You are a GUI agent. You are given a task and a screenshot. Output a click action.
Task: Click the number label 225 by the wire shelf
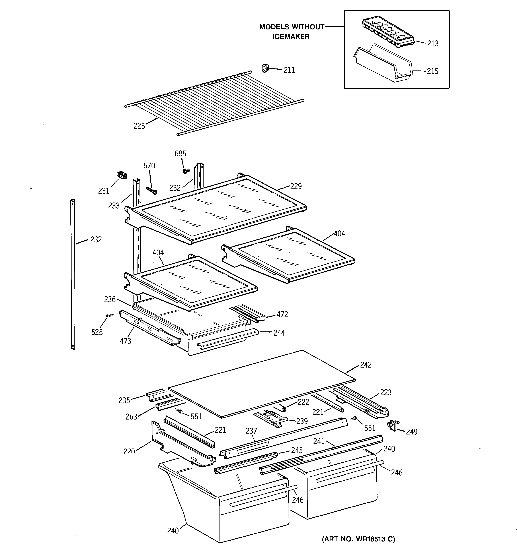[x=139, y=126]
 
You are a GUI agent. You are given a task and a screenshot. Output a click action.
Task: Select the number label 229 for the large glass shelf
[x=296, y=186]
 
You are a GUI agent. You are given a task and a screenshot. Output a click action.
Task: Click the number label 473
[x=125, y=341]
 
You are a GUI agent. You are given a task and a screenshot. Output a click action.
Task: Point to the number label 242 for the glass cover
[x=365, y=365]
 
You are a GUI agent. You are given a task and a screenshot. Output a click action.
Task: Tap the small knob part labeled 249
[x=392, y=425]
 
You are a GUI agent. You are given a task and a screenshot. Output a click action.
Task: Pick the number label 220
[x=129, y=451]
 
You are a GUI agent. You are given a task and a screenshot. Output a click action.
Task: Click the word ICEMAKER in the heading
[x=291, y=36]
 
